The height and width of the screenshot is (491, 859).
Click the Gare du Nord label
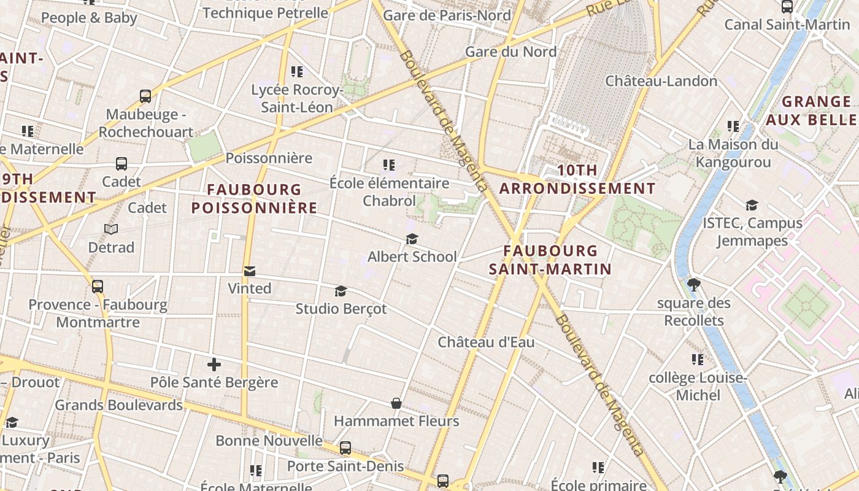click(510, 52)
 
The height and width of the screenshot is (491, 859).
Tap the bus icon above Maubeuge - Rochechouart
click(145, 96)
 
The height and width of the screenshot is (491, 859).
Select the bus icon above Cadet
click(121, 164)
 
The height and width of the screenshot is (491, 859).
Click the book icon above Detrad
click(111, 230)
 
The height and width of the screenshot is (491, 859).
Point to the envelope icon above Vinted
click(250, 271)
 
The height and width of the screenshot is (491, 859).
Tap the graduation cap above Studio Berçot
click(341, 291)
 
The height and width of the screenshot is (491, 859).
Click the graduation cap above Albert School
click(412, 239)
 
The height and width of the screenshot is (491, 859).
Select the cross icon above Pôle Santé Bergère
click(214, 365)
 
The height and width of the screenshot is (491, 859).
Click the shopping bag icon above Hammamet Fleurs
click(396, 403)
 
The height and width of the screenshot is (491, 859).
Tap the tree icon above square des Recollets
click(694, 285)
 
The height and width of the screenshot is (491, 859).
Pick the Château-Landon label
click(661, 81)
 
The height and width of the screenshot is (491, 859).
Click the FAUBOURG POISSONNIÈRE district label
click(254, 199)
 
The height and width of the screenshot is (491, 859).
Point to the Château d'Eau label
click(486, 342)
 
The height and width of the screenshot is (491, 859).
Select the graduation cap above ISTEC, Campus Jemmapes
click(752, 206)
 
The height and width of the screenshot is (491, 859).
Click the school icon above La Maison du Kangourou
click(733, 126)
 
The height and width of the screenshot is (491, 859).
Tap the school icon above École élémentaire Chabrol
click(389, 165)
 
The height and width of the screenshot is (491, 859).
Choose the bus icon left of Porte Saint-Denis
click(345, 448)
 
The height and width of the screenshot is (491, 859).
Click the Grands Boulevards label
click(119, 405)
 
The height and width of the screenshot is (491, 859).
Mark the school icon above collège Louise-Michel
click(698, 360)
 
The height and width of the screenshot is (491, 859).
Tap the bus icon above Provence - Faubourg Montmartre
click(98, 287)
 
